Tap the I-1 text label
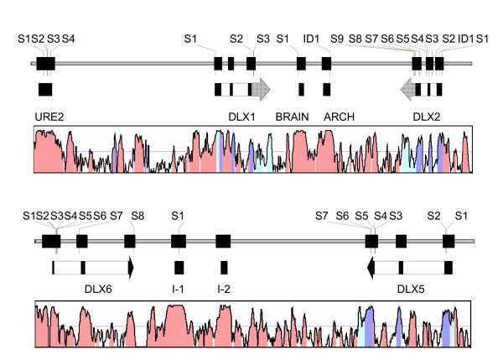tap(178, 290)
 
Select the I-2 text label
tap(224, 290)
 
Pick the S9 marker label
tap(337, 39)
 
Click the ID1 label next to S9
tap(311, 39)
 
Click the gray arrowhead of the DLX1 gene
tap(263, 88)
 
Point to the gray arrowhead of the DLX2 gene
tap(408, 88)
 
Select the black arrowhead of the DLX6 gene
tap(131, 268)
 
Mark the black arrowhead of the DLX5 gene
tap(370, 268)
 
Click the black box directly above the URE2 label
tap(45, 88)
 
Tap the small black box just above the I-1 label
tap(179, 268)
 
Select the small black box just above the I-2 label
tap(224, 268)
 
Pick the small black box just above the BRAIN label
tap(301, 88)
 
